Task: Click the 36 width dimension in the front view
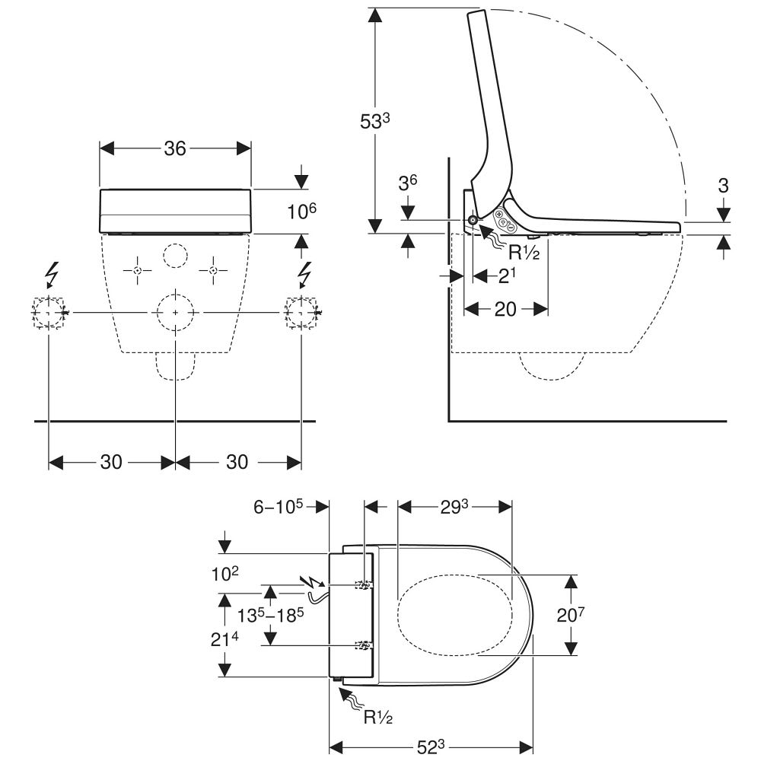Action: [x=175, y=148]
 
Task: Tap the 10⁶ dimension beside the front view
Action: [x=302, y=212]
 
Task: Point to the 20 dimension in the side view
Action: [x=505, y=309]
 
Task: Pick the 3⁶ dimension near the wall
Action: [x=408, y=185]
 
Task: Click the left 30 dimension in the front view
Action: [x=111, y=462]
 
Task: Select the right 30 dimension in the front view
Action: [x=237, y=462]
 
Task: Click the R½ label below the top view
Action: [x=378, y=717]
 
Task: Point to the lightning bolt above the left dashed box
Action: [x=52, y=272]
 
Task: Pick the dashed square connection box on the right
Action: [x=301, y=312]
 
